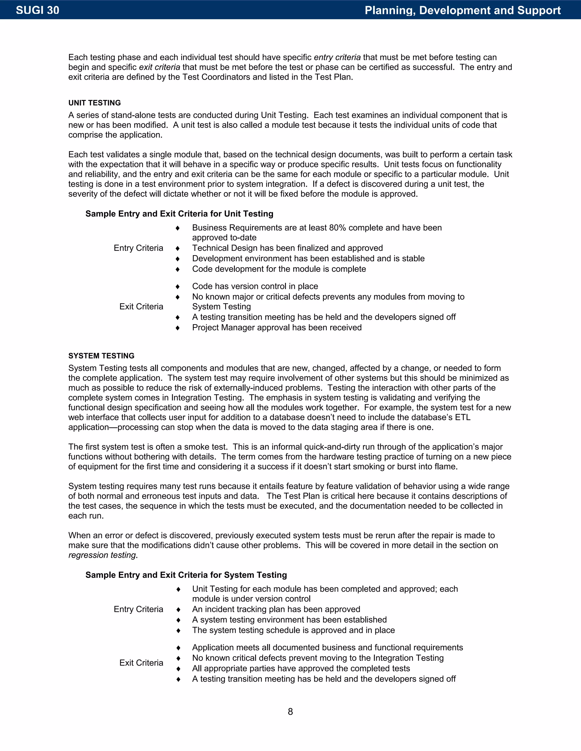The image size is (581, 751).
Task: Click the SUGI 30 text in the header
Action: (37, 10)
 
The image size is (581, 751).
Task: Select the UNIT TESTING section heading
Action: (95, 103)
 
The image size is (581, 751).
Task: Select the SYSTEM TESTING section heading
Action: (101, 356)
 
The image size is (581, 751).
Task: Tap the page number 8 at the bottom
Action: (290, 711)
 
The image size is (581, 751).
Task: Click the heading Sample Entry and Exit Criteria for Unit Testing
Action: (179, 214)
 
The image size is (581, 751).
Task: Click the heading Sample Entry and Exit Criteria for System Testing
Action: (186, 575)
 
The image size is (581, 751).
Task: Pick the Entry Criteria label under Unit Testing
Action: (138, 248)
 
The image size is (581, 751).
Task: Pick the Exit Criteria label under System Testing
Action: (141, 663)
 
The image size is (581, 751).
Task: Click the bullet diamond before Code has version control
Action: (178, 287)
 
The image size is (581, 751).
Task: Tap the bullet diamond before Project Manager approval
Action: (178, 328)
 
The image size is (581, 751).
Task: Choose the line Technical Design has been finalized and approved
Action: (287, 248)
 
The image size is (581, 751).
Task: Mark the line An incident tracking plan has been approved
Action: (276, 609)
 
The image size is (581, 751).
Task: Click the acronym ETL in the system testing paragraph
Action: (463, 417)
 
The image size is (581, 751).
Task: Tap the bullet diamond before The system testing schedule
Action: (178, 630)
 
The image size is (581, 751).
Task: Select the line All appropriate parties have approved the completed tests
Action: (301, 668)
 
